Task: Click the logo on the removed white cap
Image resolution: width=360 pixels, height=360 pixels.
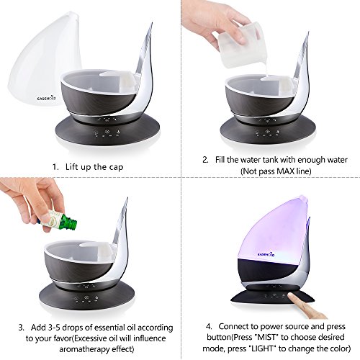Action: point(47,98)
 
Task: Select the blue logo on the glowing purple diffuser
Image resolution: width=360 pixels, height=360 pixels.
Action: point(266,254)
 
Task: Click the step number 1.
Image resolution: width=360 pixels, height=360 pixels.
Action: point(55,167)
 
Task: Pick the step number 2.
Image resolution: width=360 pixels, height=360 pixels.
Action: point(205,160)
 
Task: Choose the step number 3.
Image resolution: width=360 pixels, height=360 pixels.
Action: point(22,328)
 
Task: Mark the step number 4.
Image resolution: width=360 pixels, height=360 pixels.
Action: point(209,327)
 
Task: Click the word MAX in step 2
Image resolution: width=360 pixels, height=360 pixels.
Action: point(284,171)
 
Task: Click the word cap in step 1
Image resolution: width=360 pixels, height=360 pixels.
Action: point(116,168)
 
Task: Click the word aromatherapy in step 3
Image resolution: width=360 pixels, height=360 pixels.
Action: point(88,349)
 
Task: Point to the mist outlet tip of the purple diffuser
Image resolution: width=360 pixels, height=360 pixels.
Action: point(303,198)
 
